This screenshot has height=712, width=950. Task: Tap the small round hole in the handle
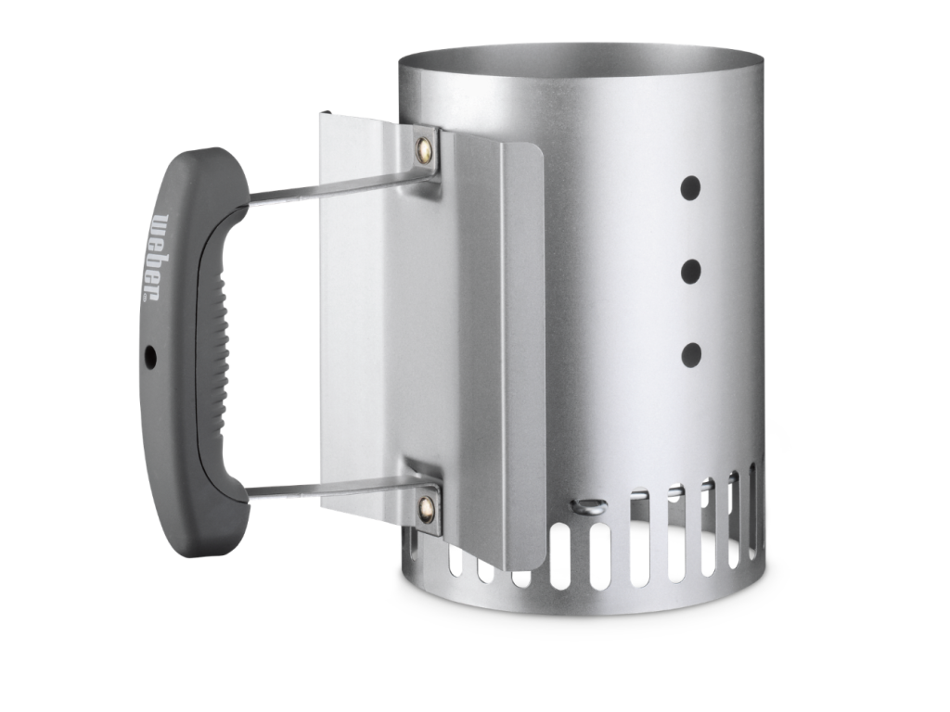pyautogui.click(x=150, y=358)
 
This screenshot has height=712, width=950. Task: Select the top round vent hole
pyautogui.click(x=690, y=188)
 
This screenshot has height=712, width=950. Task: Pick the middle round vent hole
pyautogui.click(x=690, y=272)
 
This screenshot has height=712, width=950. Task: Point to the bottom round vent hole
pyautogui.click(x=690, y=355)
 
